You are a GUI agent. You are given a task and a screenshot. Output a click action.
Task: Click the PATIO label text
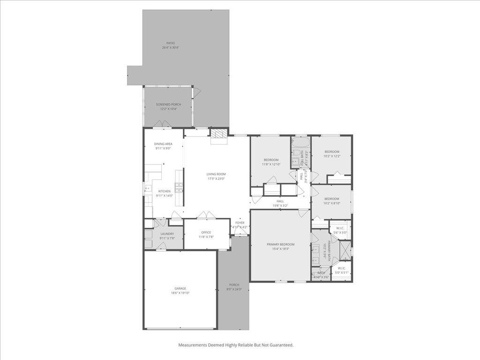(x=170, y=43)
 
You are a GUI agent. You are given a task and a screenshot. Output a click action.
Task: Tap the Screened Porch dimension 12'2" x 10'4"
(x=169, y=109)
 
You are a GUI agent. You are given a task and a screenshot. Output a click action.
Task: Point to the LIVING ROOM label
(x=216, y=174)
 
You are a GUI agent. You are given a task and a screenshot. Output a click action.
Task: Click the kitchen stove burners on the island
(x=179, y=187)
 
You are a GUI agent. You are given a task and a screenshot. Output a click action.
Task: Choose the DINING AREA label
(x=163, y=144)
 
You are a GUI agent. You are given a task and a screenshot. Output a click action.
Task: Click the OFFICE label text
(x=206, y=232)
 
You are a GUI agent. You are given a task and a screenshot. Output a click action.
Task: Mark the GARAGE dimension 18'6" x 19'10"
(x=180, y=293)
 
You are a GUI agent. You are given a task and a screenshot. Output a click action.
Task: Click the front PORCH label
(x=234, y=285)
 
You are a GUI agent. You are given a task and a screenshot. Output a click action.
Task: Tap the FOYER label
(x=240, y=223)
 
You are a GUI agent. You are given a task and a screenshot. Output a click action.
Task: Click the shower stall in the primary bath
(x=345, y=249)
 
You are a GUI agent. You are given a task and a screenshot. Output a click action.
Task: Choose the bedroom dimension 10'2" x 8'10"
(x=332, y=203)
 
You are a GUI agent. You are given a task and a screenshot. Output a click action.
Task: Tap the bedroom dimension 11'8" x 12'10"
(x=271, y=165)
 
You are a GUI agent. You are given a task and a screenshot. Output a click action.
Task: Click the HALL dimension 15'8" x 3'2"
(x=280, y=205)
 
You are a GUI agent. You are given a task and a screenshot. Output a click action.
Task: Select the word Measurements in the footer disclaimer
(x=192, y=345)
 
